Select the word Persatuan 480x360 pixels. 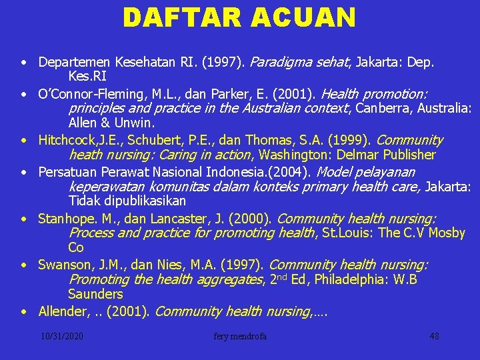[66, 171]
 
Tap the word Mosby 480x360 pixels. [446, 233]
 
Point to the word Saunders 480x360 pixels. [95, 294]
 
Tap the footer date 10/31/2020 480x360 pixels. [61, 336]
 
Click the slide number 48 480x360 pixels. [434, 336]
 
